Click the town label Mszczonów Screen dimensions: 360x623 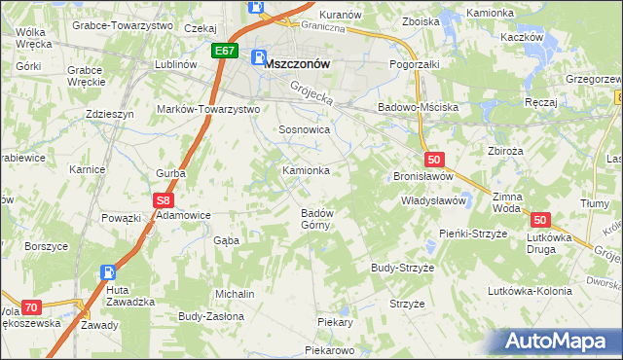(298, 62)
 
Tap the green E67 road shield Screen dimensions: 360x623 (224, 51)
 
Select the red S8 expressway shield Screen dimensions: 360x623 (163, 200)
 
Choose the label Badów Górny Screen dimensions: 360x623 (317, 219)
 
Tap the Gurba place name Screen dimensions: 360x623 (170, 173)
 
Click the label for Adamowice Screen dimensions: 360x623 (184, 214)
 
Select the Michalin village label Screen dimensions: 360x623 (236, 294)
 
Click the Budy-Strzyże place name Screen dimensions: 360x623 (402, 267)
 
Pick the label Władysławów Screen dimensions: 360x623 (434, 200)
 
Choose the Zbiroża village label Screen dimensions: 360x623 (506, 151)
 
